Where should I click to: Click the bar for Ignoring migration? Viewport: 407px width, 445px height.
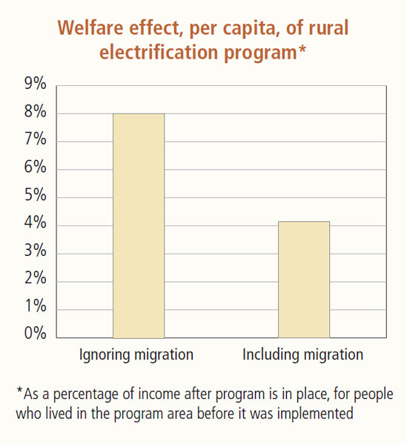139,226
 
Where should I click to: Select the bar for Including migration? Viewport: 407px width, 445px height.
304,280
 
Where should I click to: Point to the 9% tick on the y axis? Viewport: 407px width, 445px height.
35,83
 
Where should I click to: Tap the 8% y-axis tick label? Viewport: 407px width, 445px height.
35,111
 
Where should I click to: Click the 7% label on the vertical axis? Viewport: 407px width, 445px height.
35,139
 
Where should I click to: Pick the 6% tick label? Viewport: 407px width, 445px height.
35,167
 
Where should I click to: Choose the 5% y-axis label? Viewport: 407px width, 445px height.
35,195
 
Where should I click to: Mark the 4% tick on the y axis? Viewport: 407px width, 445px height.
35,222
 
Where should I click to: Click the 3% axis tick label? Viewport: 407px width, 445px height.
35,251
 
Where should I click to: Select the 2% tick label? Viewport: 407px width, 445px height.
35,278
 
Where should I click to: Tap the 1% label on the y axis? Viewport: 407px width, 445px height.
35,306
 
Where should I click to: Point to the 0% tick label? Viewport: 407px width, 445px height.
35,333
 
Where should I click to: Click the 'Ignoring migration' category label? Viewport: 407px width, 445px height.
136,355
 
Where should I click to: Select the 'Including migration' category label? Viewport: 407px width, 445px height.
303,355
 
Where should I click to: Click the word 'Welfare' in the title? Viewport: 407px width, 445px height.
90,28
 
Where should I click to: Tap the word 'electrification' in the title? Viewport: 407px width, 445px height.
159,53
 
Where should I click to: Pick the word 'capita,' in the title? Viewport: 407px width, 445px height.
251,30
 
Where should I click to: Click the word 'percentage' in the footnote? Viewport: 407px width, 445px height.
87,395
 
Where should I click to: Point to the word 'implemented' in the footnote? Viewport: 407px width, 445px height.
315,414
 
